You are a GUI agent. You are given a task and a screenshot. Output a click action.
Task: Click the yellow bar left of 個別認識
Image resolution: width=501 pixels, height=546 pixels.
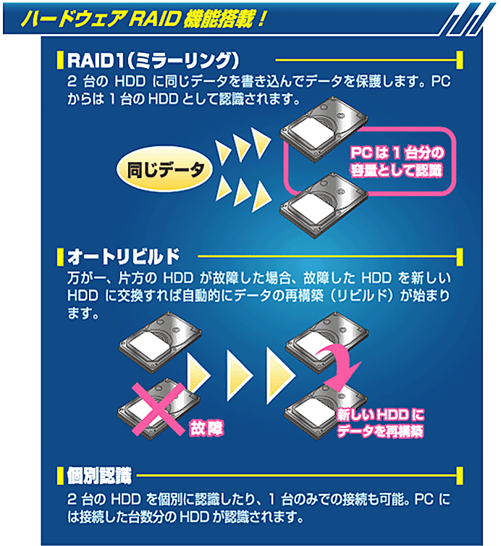[59, 476]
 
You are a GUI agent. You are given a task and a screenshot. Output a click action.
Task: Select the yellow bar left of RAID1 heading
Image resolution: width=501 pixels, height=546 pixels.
[59, 59]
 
